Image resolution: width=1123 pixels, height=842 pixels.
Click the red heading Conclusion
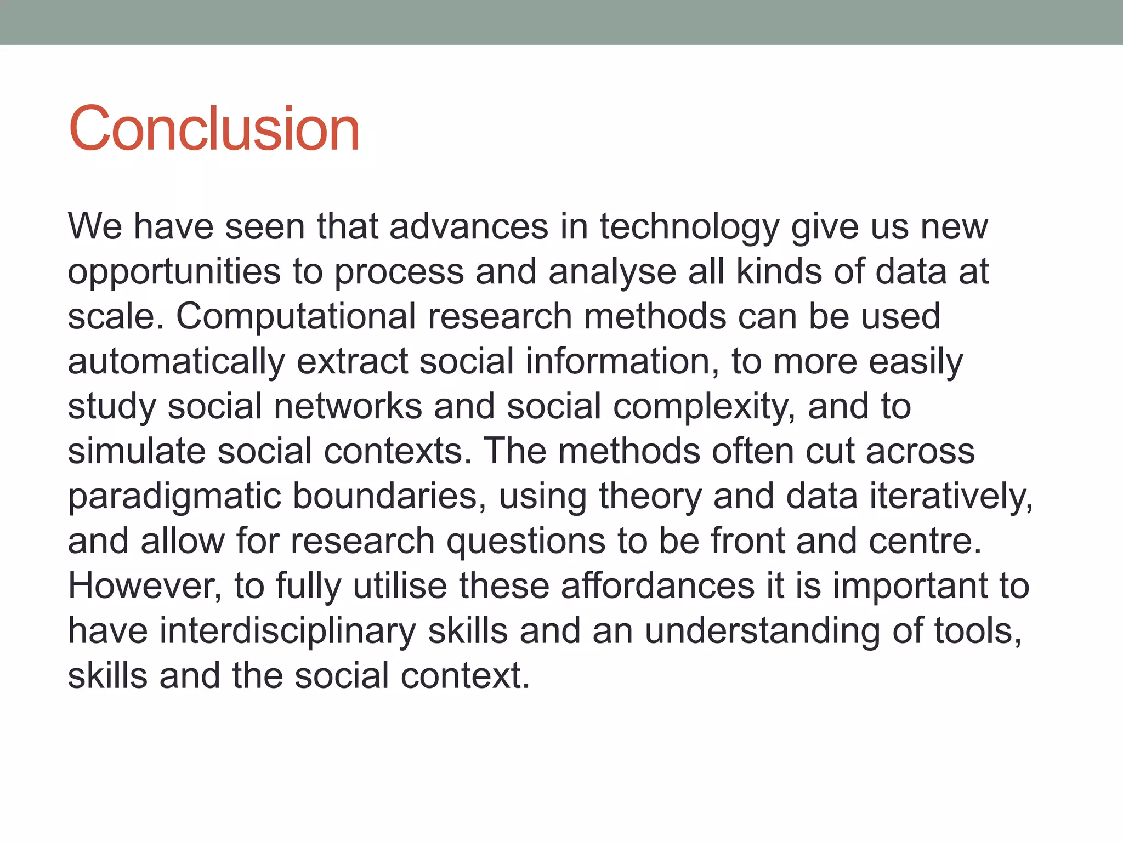click(x=214, y=129)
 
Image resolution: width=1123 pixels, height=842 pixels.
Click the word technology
click(x=689, y=227)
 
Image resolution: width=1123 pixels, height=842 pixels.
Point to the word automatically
click(x=176, y=362)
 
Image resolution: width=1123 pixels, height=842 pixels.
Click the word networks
click(x=348, y=407)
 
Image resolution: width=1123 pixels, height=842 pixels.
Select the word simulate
click(x=137, y=452)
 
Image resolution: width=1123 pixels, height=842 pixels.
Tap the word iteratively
click(x=951, y=497)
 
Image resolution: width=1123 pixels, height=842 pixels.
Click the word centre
click(x=925, y=542)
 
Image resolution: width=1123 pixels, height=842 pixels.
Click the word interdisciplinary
click(x=288, y=631)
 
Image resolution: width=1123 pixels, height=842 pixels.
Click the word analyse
click(x=612, y=272)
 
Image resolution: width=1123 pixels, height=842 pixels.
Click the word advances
click(x=468, y=227)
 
